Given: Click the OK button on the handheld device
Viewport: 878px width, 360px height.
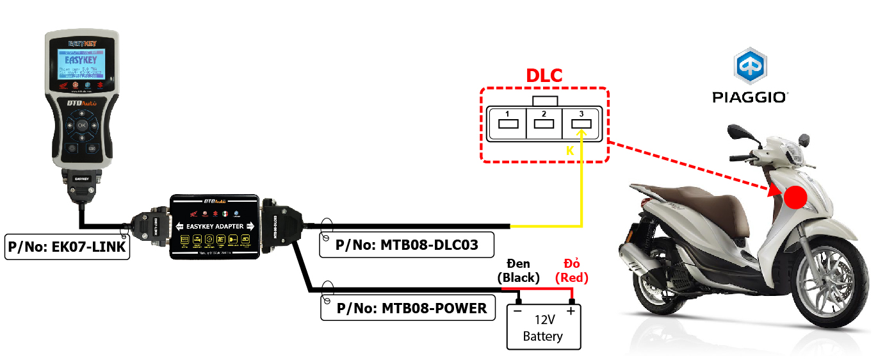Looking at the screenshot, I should coord(82,126).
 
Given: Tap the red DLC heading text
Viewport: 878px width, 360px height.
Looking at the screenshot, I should coord(544,76).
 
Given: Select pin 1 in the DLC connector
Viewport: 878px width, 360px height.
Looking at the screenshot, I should coord(507,122).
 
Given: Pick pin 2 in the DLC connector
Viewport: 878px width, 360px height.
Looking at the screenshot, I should coord(544,122).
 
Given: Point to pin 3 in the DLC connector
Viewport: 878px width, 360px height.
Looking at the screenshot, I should coord(581,122).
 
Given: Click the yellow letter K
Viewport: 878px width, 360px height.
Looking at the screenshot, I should coord(569,151).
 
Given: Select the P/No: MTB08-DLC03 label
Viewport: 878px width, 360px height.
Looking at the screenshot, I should coord(407,244).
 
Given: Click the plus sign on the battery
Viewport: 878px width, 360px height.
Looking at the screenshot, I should coord(571,311).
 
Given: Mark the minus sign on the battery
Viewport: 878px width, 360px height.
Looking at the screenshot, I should coord(517,311).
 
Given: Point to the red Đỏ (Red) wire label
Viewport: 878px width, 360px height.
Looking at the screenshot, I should coord(571,271).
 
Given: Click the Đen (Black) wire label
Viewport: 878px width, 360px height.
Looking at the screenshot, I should coord(519,271).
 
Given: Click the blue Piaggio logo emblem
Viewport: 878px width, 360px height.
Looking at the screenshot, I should coord(749,66).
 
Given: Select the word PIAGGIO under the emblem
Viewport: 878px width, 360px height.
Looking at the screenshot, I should coord(749,97).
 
